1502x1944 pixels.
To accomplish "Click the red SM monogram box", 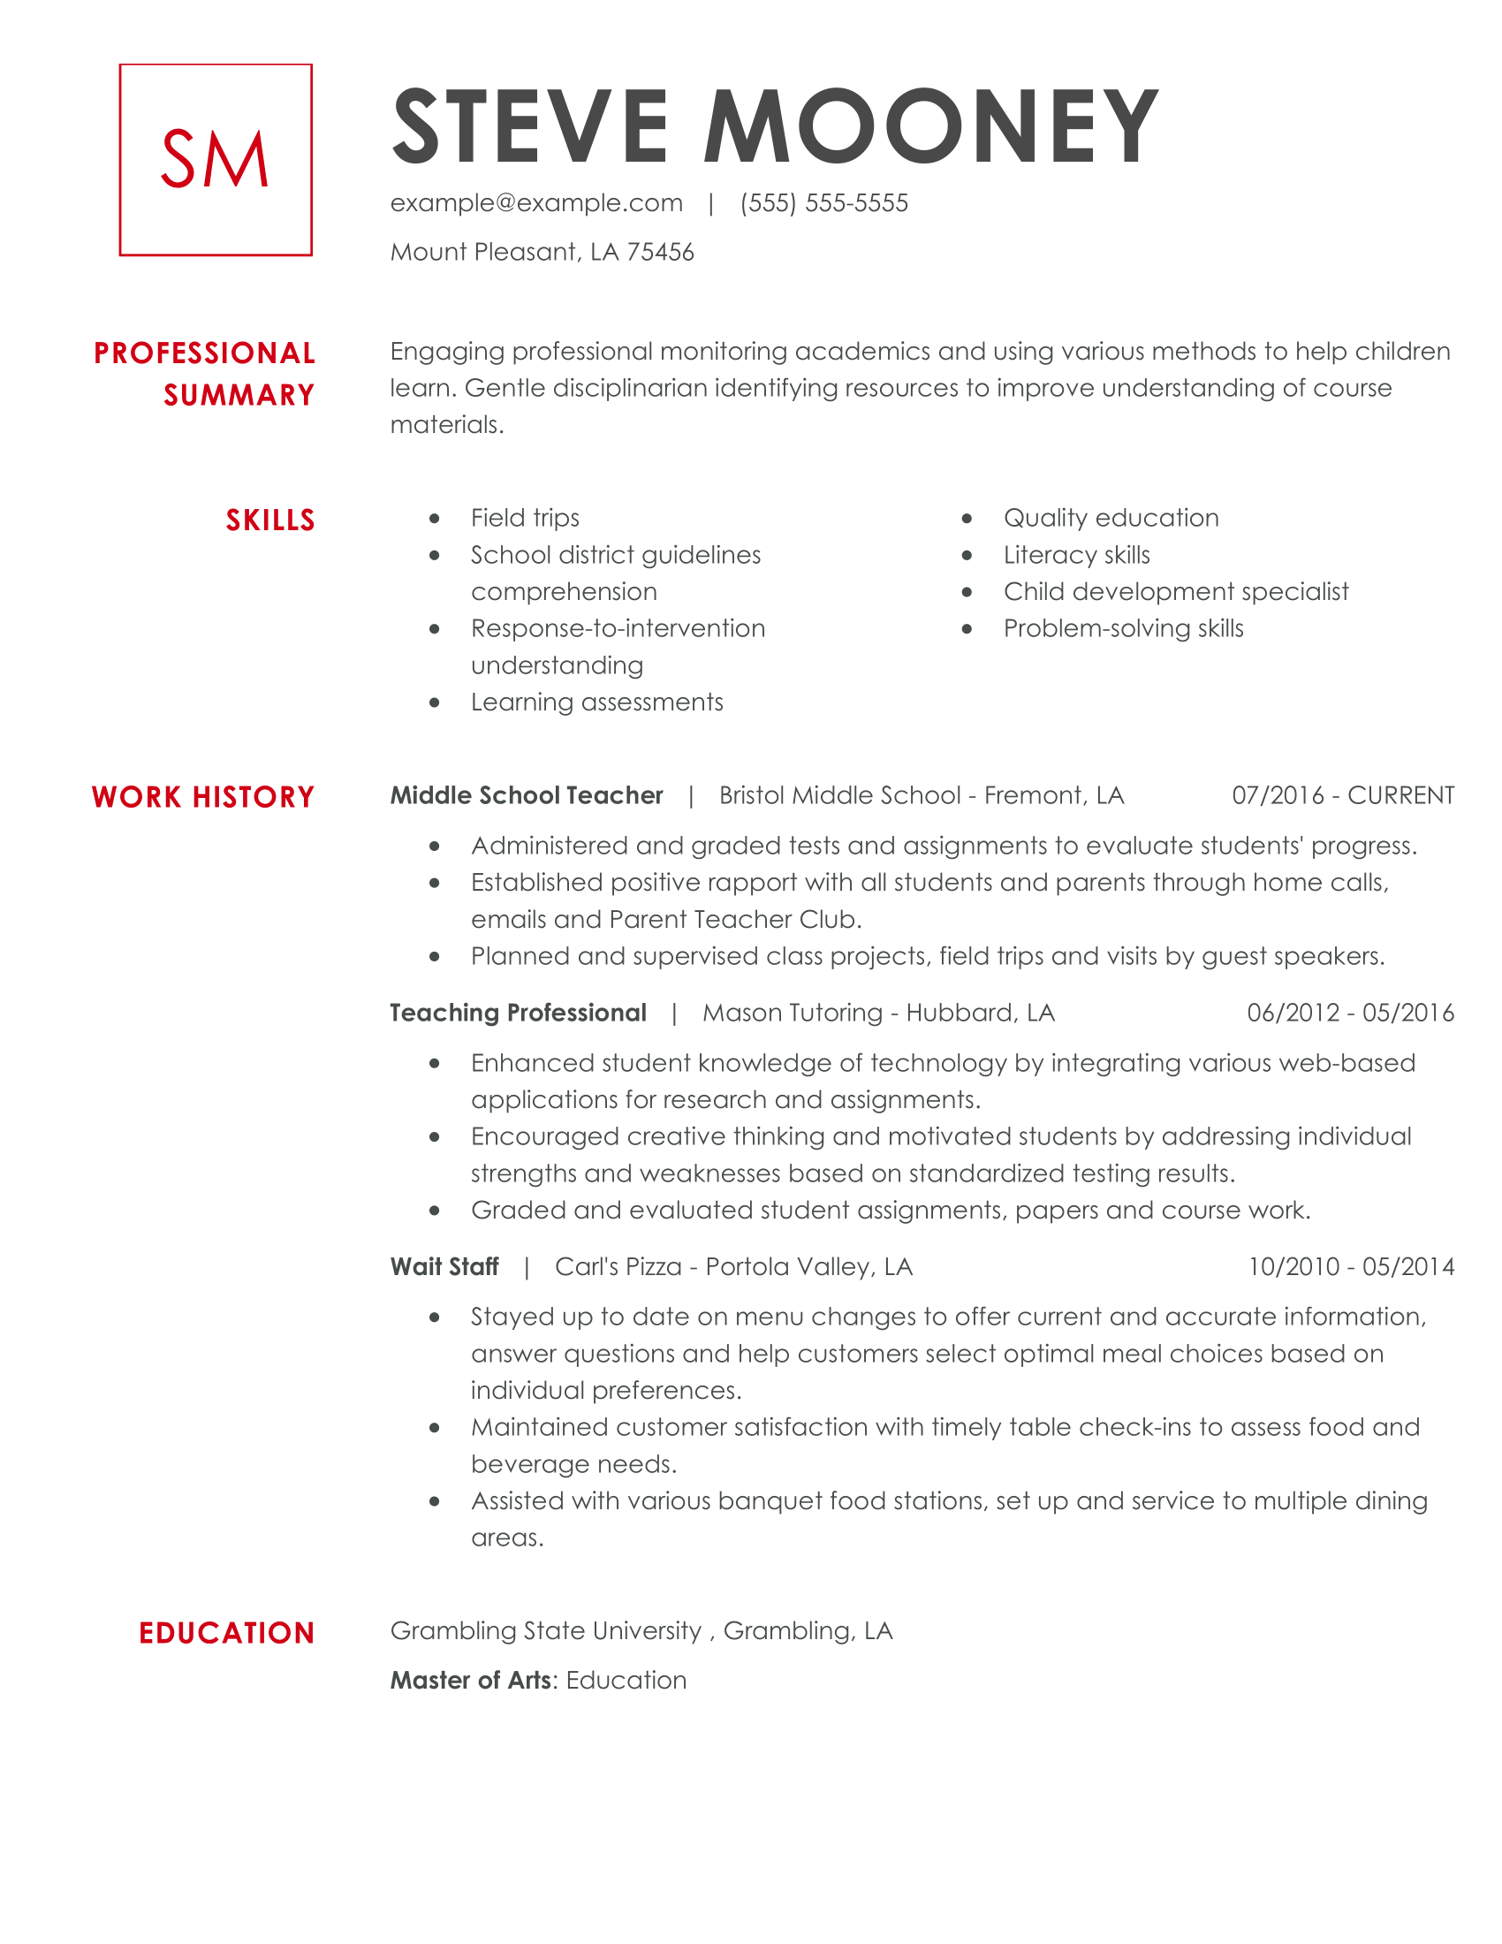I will (216, 159).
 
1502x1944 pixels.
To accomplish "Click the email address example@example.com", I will (536, 203).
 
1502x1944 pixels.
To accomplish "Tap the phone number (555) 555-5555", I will (823, 203).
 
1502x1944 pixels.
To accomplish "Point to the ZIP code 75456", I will (659, 252).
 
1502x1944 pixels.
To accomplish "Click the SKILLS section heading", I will (269, 520).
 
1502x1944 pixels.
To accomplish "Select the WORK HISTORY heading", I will (203, 797).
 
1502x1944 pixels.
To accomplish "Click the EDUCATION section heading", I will (226, 1632).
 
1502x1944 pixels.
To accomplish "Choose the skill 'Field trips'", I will (525, 518).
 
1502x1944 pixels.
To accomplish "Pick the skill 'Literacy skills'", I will (1076, 555).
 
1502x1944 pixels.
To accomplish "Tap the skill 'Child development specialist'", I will (1175, 592).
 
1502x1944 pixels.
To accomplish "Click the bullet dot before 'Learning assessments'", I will (434, 702).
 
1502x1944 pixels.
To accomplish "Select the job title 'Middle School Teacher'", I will (527, 795).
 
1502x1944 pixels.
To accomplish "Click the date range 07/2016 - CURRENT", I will (1342, 795).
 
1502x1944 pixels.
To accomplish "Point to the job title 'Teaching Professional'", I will (518, 1012).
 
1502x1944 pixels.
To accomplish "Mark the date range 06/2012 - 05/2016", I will (1350, 1012).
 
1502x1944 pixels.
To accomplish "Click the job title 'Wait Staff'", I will (444, 1265).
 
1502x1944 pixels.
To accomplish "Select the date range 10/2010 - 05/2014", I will (1350, 1265).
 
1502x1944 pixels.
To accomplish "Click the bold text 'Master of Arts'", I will (472, 1680).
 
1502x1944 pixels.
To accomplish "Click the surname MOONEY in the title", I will (930, 127).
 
